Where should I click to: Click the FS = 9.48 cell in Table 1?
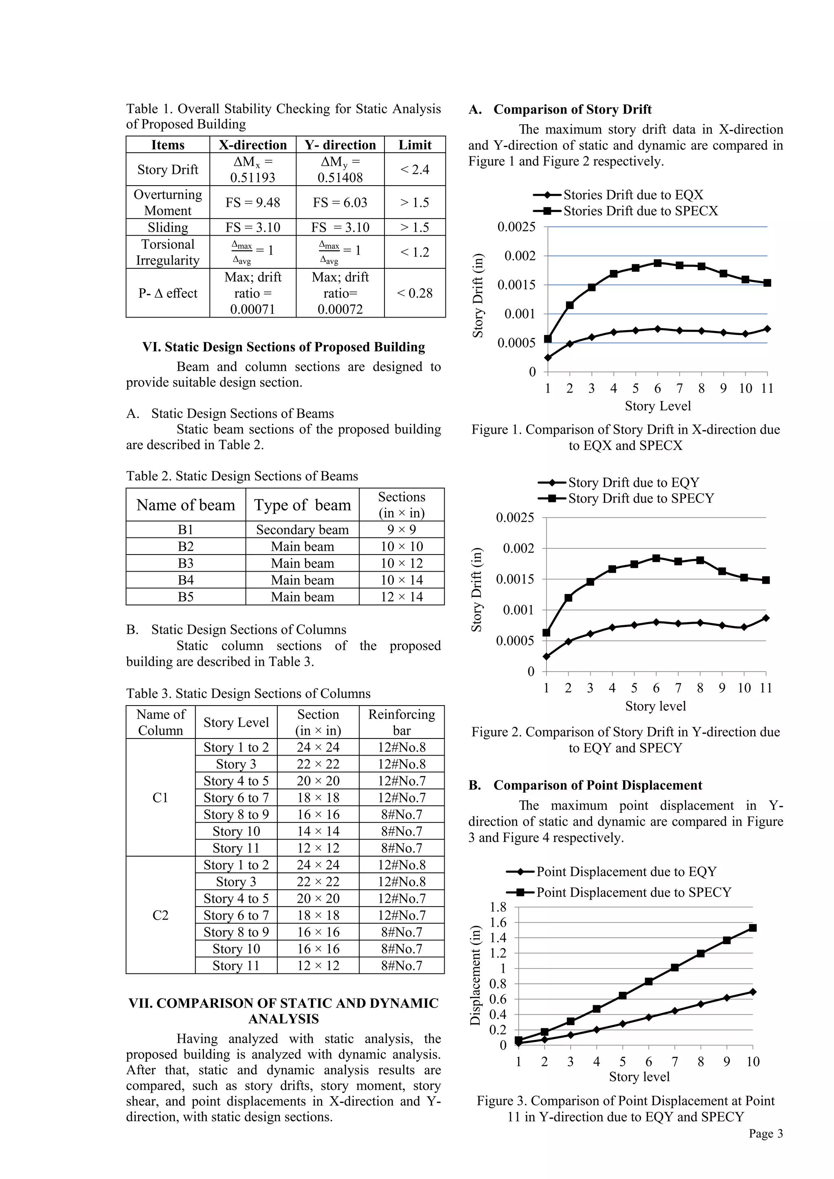252,202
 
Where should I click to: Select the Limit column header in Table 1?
415,145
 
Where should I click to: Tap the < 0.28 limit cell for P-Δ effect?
415,293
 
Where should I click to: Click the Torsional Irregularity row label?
168,252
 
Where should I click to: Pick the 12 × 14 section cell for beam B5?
402,597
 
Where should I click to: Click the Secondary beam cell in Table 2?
303,529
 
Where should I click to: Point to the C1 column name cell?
160,798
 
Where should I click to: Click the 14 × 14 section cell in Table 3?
318,831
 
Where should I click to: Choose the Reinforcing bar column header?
402,722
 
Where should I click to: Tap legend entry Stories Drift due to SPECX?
641,210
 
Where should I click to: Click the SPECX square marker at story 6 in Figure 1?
657,263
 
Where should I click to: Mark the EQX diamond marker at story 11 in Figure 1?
767,329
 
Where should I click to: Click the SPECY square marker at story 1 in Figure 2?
546,633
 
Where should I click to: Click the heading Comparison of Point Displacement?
597,785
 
